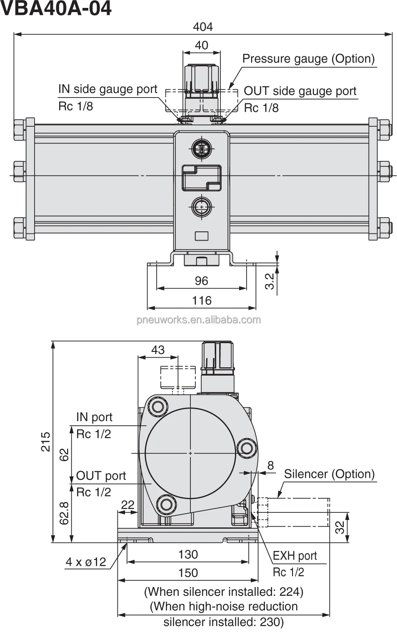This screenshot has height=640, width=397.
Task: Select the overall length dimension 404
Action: click(203, 27)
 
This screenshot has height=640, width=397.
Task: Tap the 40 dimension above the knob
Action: click(202, 45)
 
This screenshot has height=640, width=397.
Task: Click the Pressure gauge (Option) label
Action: click(308, 59)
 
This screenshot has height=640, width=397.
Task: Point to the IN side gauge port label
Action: click(107, 89)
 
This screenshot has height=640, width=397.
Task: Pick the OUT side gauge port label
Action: click(300, 91)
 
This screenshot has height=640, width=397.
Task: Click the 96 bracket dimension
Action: click(201, 281)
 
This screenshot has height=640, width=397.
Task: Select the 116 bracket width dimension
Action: click(202, 300)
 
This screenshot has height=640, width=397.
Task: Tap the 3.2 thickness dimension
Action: click(270, 281)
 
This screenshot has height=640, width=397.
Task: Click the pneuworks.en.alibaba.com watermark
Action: click(199, 320)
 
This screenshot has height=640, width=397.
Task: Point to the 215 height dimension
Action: click(45, 442)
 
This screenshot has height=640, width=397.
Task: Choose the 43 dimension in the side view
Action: click(158, 350)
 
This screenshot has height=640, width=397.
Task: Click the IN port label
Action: click(94, 417)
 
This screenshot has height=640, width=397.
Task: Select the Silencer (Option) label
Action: click(329, 474)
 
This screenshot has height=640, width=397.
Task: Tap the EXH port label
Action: click(295, 556)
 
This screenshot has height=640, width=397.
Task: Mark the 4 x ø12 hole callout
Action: click(86, 562)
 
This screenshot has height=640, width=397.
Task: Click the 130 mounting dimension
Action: click(188, 555)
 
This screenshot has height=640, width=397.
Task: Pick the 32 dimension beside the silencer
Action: click(340, 527)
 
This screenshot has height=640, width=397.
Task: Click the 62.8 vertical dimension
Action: click(64, 513)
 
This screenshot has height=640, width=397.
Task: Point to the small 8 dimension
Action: click(270, 465)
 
